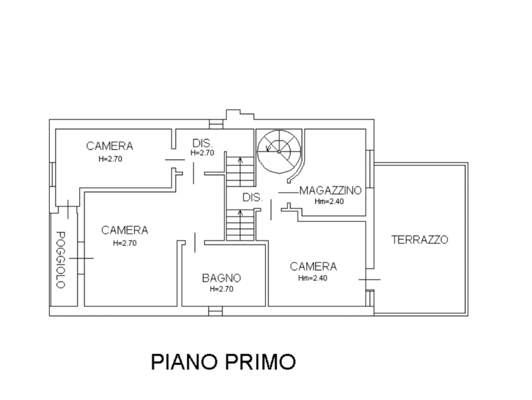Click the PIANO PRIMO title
[223, 361]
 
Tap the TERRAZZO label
[420, 240]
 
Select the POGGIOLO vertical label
[61, 260]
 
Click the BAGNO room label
[221, 278]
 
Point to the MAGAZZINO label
[330, 191]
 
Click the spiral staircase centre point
[279, 151]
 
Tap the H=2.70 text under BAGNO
[221, 289]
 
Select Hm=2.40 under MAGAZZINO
[329, 201]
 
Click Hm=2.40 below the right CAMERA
[313, 278]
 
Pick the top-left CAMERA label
[109, 146]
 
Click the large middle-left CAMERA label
[124, 230]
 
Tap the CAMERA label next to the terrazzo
[313, 266]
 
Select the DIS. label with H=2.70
[202, 143]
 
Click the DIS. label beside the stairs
[253, 197]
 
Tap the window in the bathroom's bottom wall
[215, 311]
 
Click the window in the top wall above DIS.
[215, 124]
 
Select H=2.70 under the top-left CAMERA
[110, 159]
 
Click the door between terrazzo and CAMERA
[370, 279]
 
